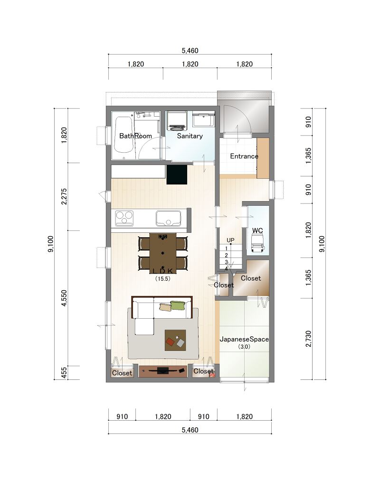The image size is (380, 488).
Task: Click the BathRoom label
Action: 135,136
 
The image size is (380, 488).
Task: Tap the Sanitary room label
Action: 190,136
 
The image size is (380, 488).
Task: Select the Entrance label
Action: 244,156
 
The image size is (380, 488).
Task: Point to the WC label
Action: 257,230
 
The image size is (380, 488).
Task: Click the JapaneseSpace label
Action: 244,339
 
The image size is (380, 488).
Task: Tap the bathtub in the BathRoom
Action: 123,135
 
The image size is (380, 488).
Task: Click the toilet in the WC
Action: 258,243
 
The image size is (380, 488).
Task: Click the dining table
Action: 163,253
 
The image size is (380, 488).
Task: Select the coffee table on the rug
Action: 175,340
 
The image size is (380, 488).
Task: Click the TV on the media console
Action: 162,370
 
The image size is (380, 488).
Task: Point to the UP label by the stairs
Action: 231,240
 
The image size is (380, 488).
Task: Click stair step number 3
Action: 226,262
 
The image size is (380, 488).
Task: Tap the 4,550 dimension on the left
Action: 64,298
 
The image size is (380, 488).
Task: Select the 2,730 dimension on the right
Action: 308,339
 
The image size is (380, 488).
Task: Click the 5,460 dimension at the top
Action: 190,50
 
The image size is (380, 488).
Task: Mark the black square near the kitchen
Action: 177,175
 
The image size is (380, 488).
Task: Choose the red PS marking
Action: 212,375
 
